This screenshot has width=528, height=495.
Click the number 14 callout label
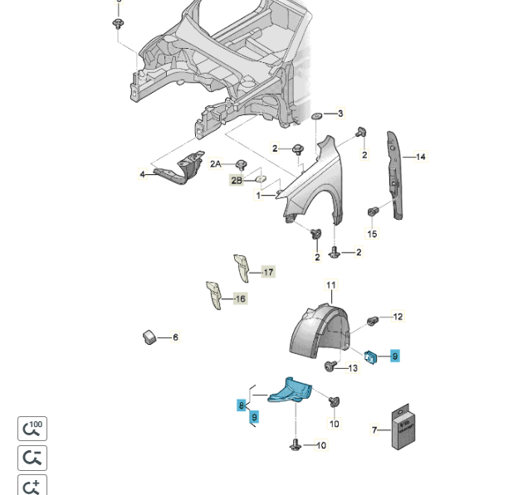420,157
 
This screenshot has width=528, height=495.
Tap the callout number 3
340,114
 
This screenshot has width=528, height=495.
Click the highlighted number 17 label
268,272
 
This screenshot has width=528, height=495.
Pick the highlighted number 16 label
241,298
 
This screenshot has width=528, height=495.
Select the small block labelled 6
150,336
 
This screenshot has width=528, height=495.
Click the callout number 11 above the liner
330,286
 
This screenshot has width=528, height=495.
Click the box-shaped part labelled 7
403,429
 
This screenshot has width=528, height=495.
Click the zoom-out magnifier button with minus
32,458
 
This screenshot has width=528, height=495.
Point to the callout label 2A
216,164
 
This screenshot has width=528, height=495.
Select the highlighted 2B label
237,180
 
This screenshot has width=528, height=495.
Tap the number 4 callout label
142,174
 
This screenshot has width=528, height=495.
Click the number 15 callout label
372,234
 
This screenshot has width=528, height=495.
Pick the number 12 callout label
398,317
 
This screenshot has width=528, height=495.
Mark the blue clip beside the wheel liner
372,356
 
